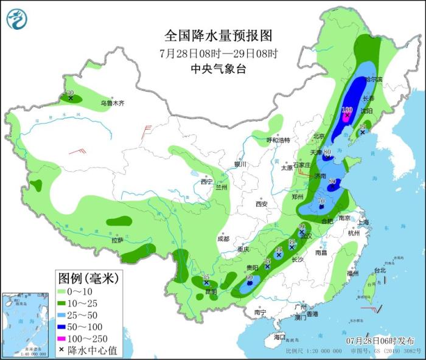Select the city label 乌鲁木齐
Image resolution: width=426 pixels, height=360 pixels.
pos(113,103)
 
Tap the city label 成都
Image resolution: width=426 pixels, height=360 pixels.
pos(223,239)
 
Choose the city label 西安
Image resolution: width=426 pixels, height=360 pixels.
pos(262,204)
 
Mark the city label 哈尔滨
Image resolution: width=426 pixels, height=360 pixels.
pos(373,80)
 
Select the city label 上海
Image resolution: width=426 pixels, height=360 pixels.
pos(363,223)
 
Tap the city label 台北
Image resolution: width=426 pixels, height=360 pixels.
pos(380,270)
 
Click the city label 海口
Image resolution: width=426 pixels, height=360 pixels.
pos(279,336)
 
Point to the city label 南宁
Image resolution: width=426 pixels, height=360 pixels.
pos(260,313)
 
